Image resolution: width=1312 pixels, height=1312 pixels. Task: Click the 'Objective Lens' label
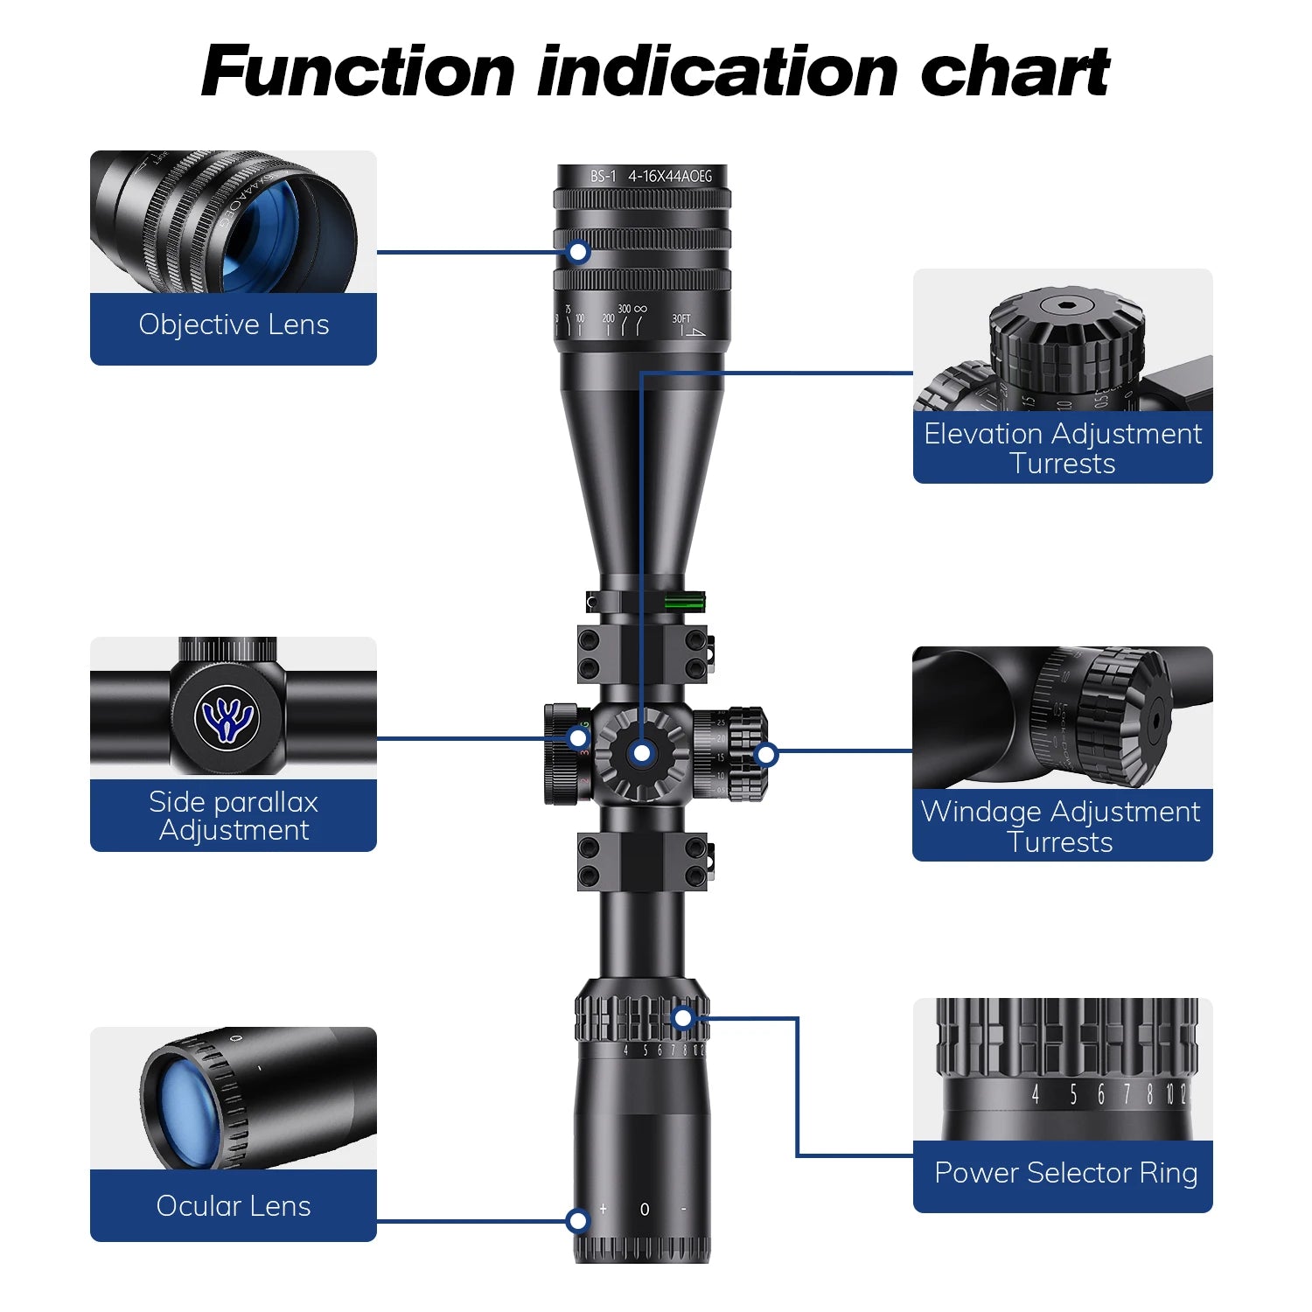coord(234,325)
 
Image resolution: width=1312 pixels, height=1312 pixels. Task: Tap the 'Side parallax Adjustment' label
coord(234,815)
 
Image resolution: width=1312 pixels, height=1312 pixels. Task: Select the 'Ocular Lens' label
coord(234,1206)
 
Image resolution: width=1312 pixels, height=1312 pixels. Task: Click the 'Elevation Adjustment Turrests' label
coord(1063,448)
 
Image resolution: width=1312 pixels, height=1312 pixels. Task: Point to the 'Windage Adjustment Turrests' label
coord(1061,826)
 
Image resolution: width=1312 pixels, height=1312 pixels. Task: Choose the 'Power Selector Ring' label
coord(1065,1173)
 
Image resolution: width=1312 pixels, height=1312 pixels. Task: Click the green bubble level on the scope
coord(685,600)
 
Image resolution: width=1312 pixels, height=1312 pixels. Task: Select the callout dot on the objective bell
coord(578,253)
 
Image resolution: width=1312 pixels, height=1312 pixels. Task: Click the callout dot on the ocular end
coord(577,1221)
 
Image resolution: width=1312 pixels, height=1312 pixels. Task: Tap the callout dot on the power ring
coord(683,1018)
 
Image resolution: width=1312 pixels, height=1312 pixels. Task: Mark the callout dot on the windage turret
coord(766,753)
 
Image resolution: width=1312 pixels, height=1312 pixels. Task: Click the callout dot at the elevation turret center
coord(642,752)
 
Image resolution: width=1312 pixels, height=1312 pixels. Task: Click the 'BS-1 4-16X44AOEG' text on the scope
coord(651,177)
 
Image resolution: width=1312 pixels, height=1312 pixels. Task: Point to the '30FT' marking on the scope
coord(681,319)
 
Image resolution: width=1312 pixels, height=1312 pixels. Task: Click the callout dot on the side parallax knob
coord(578,739)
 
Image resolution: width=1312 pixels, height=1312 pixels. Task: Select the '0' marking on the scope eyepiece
coord(645,1210)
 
